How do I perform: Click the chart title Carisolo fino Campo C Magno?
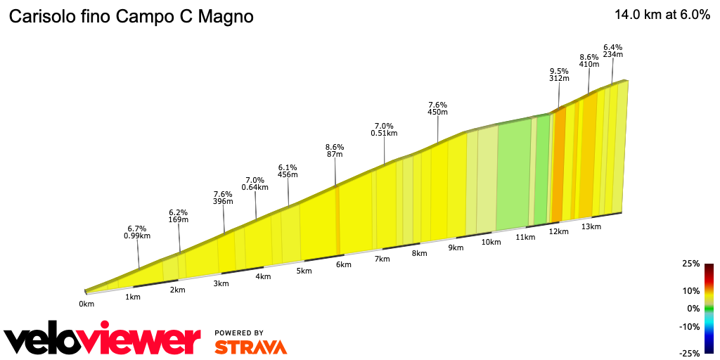tap(130, 16)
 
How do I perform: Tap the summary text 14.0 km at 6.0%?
tap(662, 15)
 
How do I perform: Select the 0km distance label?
tap(86, 304)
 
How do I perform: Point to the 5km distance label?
tap(304, 271)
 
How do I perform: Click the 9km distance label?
tap(456, 247)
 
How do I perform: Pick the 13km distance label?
tap(591, 226)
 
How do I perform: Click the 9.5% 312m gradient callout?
tap(559, 75)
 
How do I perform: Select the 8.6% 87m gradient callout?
tap(334, 150)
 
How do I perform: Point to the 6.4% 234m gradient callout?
tap(613, 50)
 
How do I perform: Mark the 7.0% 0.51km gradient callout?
tap(384, 129)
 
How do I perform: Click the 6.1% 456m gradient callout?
tap(288, 170)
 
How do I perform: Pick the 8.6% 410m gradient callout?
tap(589, 60)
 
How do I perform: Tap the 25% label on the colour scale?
tap(690, 264)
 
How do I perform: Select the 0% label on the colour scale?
tap(693, 308)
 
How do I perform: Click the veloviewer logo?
tap(103, 340)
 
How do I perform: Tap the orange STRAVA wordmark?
tap(250, 347)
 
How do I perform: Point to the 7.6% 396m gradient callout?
tap(223, 198)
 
